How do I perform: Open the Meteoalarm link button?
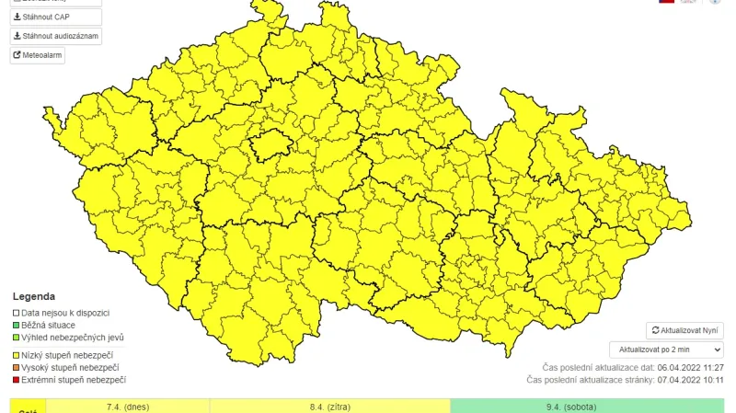pos(38,55)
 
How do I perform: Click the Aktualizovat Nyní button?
pos(685,330)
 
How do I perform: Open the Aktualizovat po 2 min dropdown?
pos(666,350)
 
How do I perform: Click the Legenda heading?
pos(34,297)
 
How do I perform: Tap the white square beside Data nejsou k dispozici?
pos(16,313)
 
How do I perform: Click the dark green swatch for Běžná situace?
pos(16,325)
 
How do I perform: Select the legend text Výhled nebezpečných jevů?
pos(73,338)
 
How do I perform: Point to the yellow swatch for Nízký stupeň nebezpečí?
pos(16,355)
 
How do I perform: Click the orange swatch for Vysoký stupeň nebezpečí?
pos(16,368)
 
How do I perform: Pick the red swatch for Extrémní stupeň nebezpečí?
pos(16,380)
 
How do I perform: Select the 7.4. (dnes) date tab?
pos(128,406)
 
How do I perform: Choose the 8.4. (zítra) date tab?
pos(329,406)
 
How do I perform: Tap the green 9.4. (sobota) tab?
pos(587,406)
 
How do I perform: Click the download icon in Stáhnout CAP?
pos(17,17)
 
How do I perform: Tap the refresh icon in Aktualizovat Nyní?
pos(655,330)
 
